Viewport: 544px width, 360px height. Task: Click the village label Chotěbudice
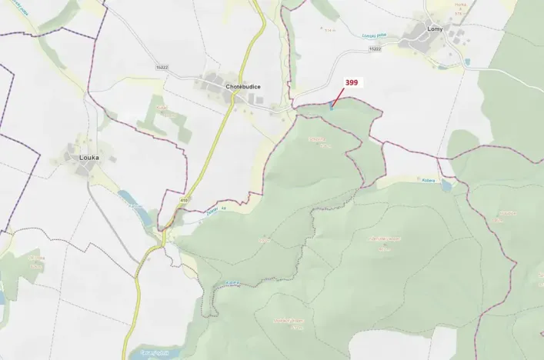pyautogui.click(x=243, y=87)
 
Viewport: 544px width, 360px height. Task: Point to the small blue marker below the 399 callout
pyautogui.click(x=332, y=107)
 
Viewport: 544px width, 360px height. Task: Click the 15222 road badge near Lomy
pyautogui.click(x=375, y=48)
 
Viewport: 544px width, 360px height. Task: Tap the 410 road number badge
pyautogui.click(x=184, y=200)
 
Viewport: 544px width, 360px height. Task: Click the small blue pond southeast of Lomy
pyautogui.click(x=467, y=62)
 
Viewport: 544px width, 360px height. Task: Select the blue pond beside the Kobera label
pyautogui.click(x=446, y=185)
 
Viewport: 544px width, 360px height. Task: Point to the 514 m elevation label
pyautogui.click(x=329, y=30)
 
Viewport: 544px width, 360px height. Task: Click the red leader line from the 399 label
pyautogui.click(x=338, y=96)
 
